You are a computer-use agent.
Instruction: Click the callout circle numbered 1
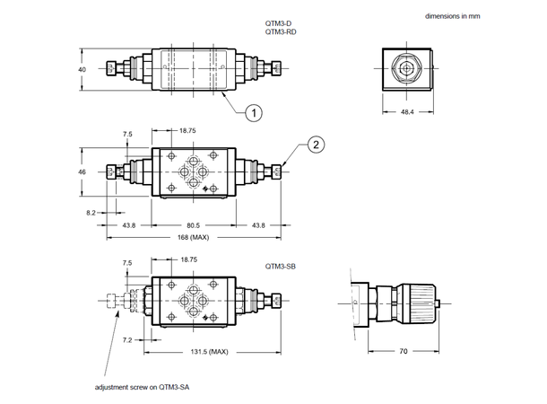[256, 113]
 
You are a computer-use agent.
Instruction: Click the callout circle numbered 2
[315, 145]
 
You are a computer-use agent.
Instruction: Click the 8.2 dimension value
[91, 213]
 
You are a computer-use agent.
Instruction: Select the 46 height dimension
[82, 171]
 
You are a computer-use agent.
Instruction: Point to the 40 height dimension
[82, 69]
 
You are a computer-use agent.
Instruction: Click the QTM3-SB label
[281, 266]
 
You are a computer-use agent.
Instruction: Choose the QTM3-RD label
[281, 31]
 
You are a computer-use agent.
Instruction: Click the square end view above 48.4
[406, 68]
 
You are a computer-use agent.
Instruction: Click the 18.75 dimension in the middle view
[187, 131]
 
